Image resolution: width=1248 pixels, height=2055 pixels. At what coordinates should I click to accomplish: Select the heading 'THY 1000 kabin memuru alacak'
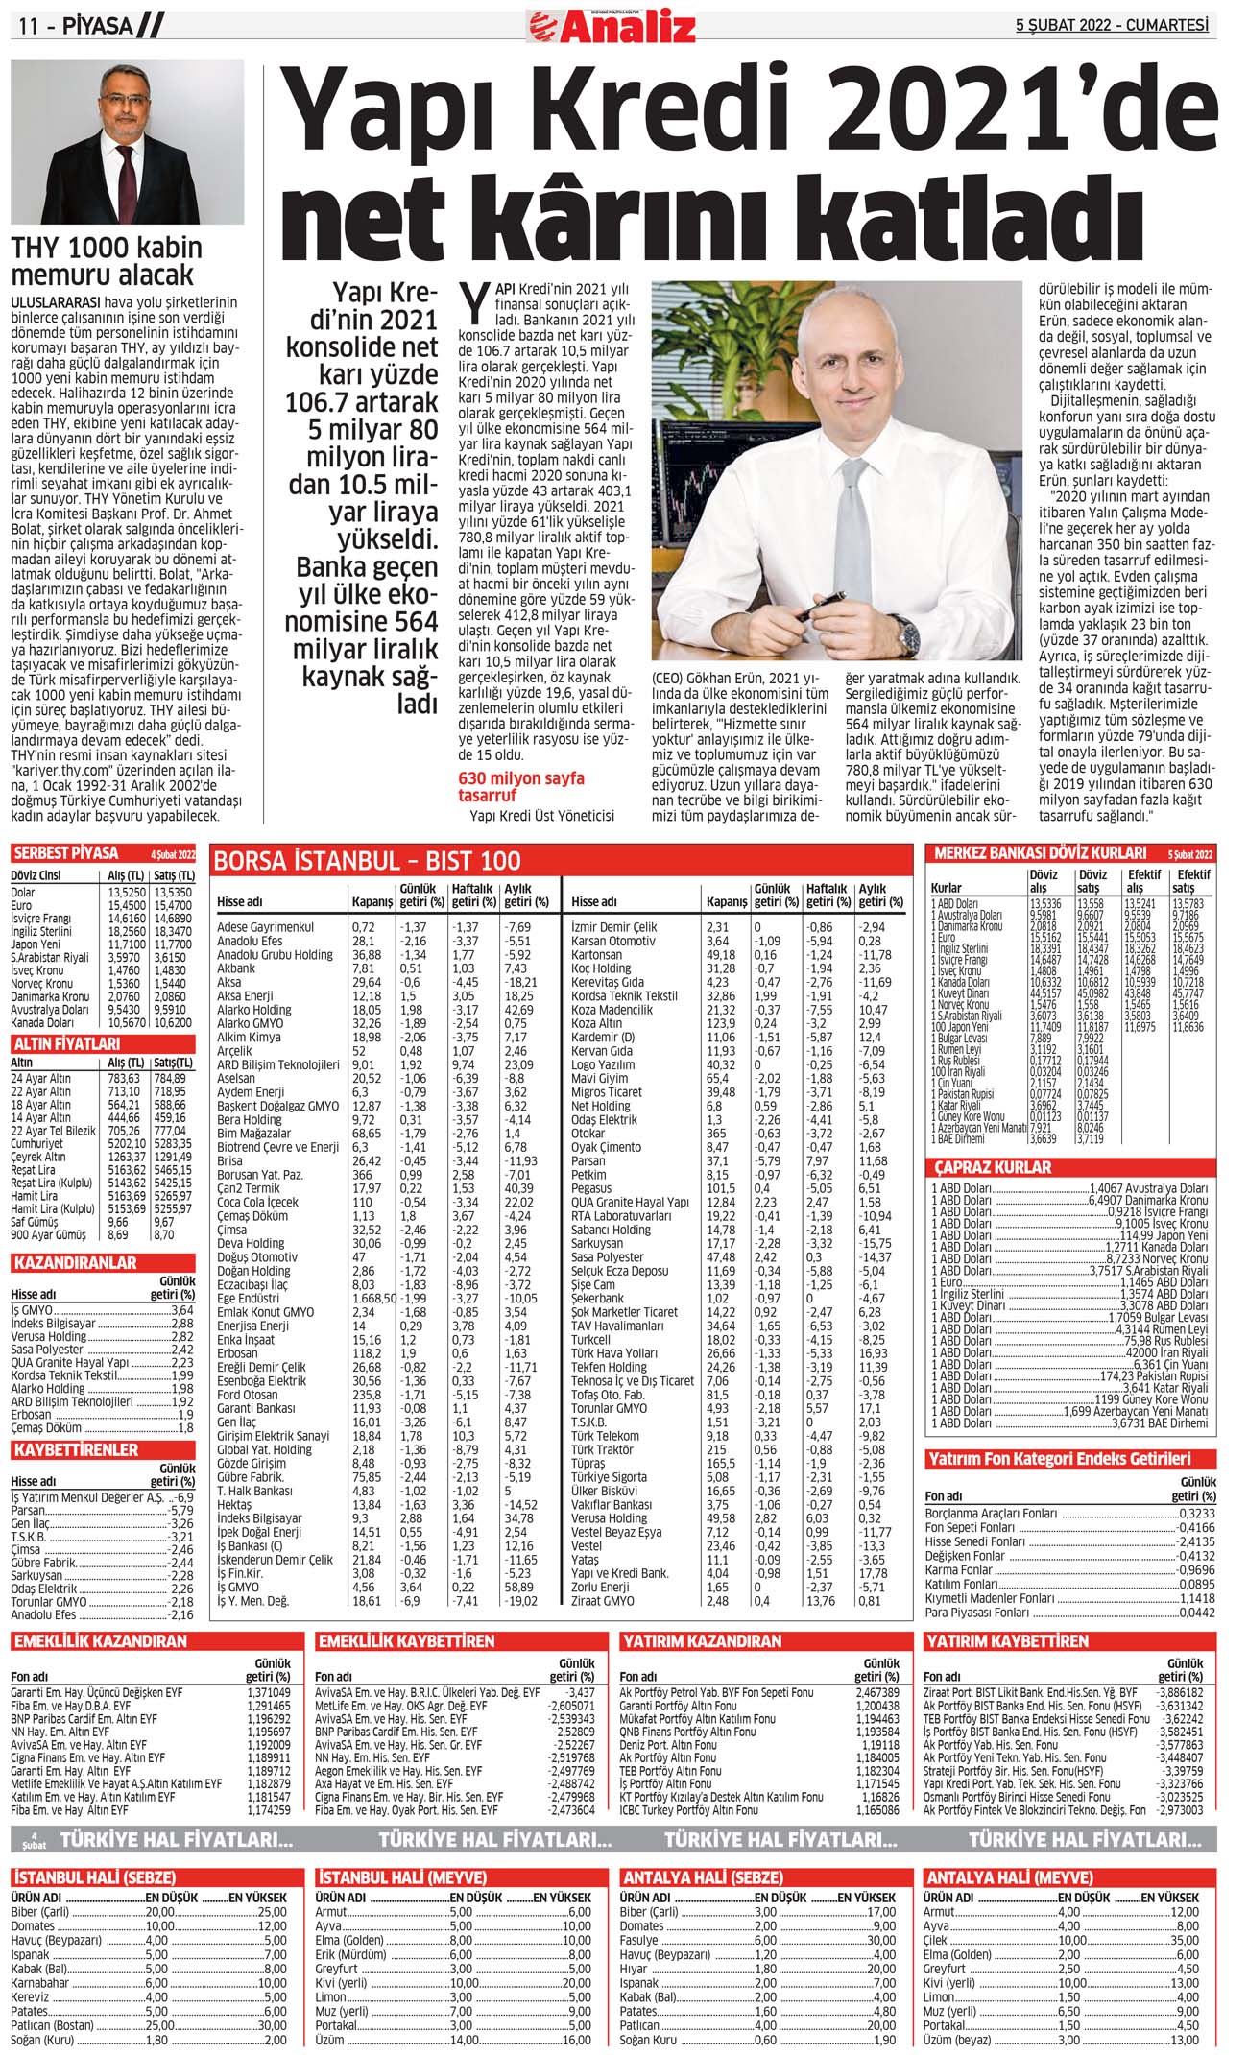point(106,261)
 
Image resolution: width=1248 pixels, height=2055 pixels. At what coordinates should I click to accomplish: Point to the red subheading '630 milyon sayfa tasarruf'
point(520,786)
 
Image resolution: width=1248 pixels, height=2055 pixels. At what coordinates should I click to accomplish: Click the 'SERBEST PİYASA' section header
point(66,853)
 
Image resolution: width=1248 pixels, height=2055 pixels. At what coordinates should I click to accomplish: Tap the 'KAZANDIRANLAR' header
point(75,1263)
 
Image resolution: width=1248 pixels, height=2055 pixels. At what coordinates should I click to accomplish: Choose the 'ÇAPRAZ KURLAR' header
point(993,1167)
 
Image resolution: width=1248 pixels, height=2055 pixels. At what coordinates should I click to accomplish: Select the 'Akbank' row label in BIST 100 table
point(236,968)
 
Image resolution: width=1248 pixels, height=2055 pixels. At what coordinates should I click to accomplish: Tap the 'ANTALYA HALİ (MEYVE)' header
point(1008,1877)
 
